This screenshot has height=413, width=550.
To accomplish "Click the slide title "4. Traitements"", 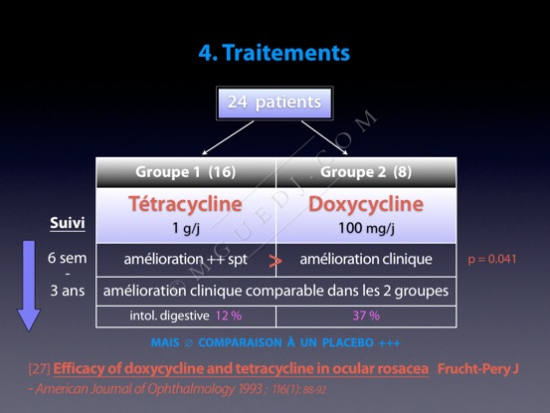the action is [x=275, y=53].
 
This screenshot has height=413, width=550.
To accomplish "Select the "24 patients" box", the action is [x=275, y=103].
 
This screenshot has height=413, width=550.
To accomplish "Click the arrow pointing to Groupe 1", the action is [x=228, y=137].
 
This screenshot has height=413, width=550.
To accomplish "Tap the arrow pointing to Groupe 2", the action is [x=324, y=137].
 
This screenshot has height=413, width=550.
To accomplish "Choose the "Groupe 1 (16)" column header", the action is [x=186, y=172].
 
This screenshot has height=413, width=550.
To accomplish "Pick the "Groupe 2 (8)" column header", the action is [x=366, y=172].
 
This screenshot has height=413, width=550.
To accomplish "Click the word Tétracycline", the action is [x=185, y=204].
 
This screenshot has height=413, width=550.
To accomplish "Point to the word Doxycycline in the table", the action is [x=366, y=204].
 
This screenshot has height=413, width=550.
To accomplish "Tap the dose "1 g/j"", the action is [x=186, y=229].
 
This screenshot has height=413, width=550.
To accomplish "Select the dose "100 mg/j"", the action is [x=366, y=229].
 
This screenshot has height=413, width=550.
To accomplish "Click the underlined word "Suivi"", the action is [x=68, y=223].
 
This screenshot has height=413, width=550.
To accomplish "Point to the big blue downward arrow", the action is [x=29, y=286].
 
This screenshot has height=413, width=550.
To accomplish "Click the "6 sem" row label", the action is [x=67, y=258].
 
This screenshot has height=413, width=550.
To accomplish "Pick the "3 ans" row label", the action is [x=68, y=291].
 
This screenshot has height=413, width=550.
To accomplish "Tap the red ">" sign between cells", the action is [x=275, y=261].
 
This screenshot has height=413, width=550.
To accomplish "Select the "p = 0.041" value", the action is [x=491, y=260].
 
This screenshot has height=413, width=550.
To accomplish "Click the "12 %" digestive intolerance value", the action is [x=229, y=315].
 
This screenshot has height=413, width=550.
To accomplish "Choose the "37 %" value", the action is [x=366, y=315].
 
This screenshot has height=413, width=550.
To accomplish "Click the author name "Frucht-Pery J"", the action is [x=477, y=369].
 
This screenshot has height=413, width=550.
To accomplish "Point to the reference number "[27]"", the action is [x=40, y=369].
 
